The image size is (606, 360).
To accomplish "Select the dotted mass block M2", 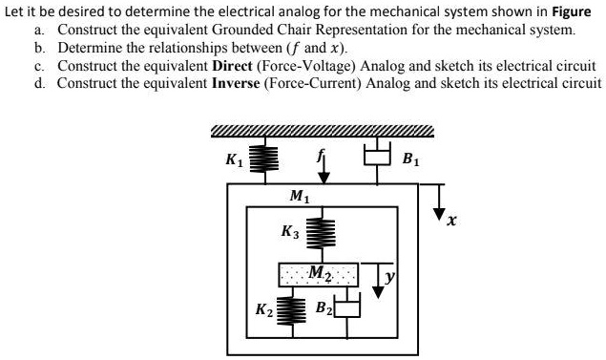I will point(318,274).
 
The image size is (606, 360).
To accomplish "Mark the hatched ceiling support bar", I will point(322,132).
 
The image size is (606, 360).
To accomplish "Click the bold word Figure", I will point(572,11).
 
